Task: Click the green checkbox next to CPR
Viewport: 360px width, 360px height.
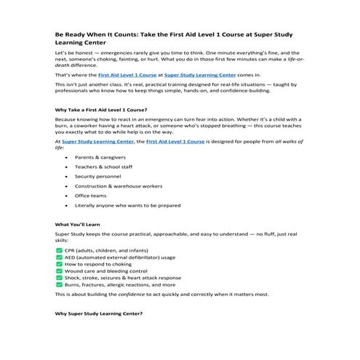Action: click(59, 249)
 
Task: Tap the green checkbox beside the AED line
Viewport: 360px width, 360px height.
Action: click(59, 257)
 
